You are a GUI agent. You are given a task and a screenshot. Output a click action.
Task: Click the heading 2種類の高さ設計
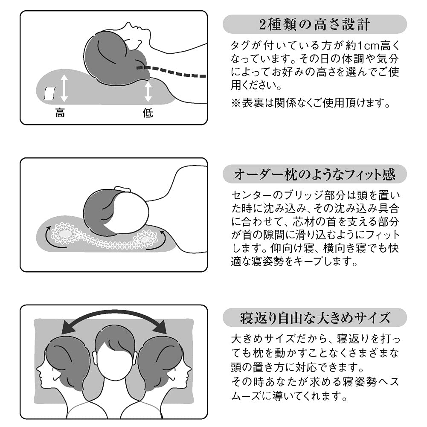click(315, 24)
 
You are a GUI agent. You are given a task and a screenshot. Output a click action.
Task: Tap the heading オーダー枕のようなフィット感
click(315, 174)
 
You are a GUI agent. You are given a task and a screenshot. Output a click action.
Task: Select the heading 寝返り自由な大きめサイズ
click(315, 317)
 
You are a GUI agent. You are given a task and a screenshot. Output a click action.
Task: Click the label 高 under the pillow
click(60, 113)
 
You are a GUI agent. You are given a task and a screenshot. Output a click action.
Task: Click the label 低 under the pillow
click(148, 113)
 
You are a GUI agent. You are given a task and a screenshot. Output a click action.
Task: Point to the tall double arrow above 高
click(64, 88)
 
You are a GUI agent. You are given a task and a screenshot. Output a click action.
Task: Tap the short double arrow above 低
click(148, 92)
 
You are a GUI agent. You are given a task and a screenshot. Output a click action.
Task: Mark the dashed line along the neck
click(171, 72)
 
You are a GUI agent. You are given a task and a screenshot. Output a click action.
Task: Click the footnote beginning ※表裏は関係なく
click(311, 103)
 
